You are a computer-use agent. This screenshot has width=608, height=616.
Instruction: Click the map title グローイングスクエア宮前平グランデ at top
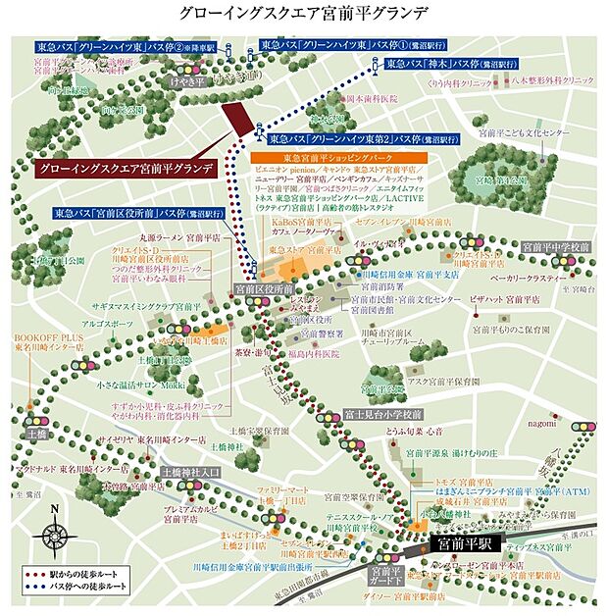304,14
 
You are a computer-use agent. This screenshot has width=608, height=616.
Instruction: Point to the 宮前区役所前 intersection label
264,290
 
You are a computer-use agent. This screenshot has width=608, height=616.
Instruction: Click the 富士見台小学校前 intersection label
381,416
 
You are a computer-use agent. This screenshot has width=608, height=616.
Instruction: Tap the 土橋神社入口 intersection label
192,471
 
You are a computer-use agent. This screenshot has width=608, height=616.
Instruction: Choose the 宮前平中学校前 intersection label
550,245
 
